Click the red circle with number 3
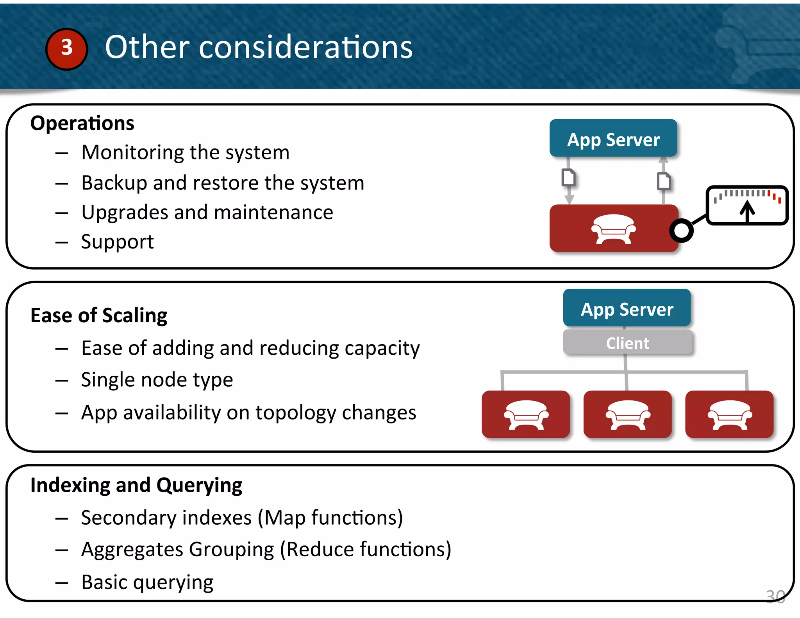[66, 49]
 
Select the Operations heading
[82, 123]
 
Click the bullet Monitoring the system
[185, 152]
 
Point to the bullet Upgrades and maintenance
[207, 213]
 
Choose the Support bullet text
[117, 242]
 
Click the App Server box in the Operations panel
[613, 139]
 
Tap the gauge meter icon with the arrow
[747, 205]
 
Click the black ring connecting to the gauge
[681, 230]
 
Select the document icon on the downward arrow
[569, 177]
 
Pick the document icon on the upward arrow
[664, 181]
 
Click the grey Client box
[627, 343]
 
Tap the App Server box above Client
[627, 309]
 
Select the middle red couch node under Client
[627, 414]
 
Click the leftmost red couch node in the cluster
[526, 414]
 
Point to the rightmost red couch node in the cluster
[729, 414]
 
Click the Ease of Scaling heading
[99, 315]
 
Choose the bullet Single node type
[157, 380]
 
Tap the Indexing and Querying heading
[136, 485]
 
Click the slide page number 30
[775, 597]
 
